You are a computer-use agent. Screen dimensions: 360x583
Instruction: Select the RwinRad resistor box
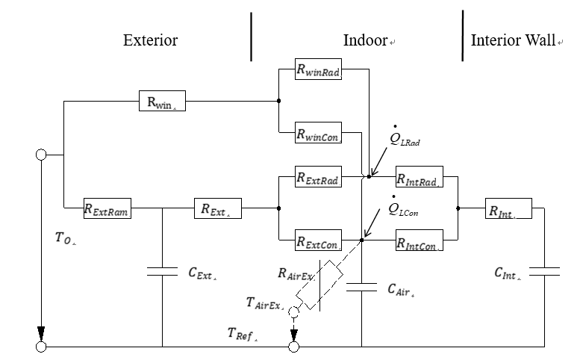(x=319, y=69)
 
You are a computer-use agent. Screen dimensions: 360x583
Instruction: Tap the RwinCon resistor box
(x=319, y=133)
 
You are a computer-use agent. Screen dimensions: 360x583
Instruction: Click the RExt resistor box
(x=216, y=208)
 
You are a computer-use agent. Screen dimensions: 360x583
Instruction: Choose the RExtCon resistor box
(x=319, y=240)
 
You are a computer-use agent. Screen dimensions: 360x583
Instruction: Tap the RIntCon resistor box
(x=419, y=240)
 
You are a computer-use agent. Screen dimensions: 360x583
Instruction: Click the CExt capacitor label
(x=202, y=274)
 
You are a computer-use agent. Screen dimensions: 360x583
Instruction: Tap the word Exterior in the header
(x=150, y=40)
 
